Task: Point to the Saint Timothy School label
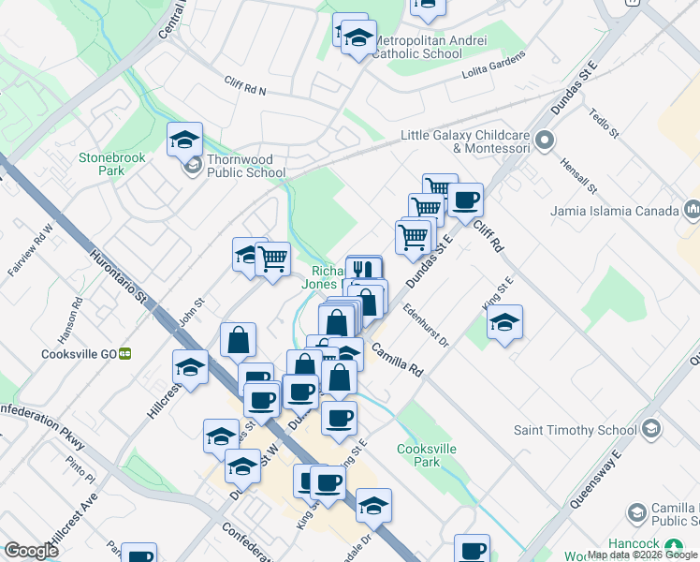(568, 430)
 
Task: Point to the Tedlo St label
(604, 123)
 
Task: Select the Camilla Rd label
(398, 360)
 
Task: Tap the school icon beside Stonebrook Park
(184, 140)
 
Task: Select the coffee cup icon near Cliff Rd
(465, 200)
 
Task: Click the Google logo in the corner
(31, 551)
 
